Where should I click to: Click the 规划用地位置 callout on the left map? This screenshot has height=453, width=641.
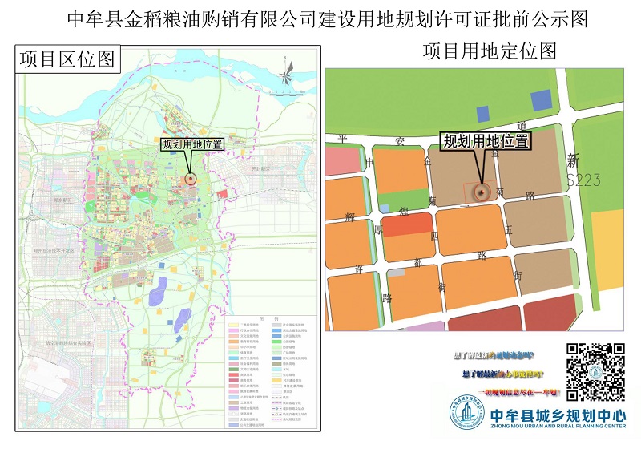tap(192, 145)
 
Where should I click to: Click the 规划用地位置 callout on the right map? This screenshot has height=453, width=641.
tap(486, 141)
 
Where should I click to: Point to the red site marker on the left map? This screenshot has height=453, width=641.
tap(191, 179)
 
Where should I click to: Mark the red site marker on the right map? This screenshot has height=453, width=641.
tap(482, 192)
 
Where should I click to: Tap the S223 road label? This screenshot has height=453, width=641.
tap(583, 180)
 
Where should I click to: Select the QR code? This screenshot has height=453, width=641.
tap(595, 372)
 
